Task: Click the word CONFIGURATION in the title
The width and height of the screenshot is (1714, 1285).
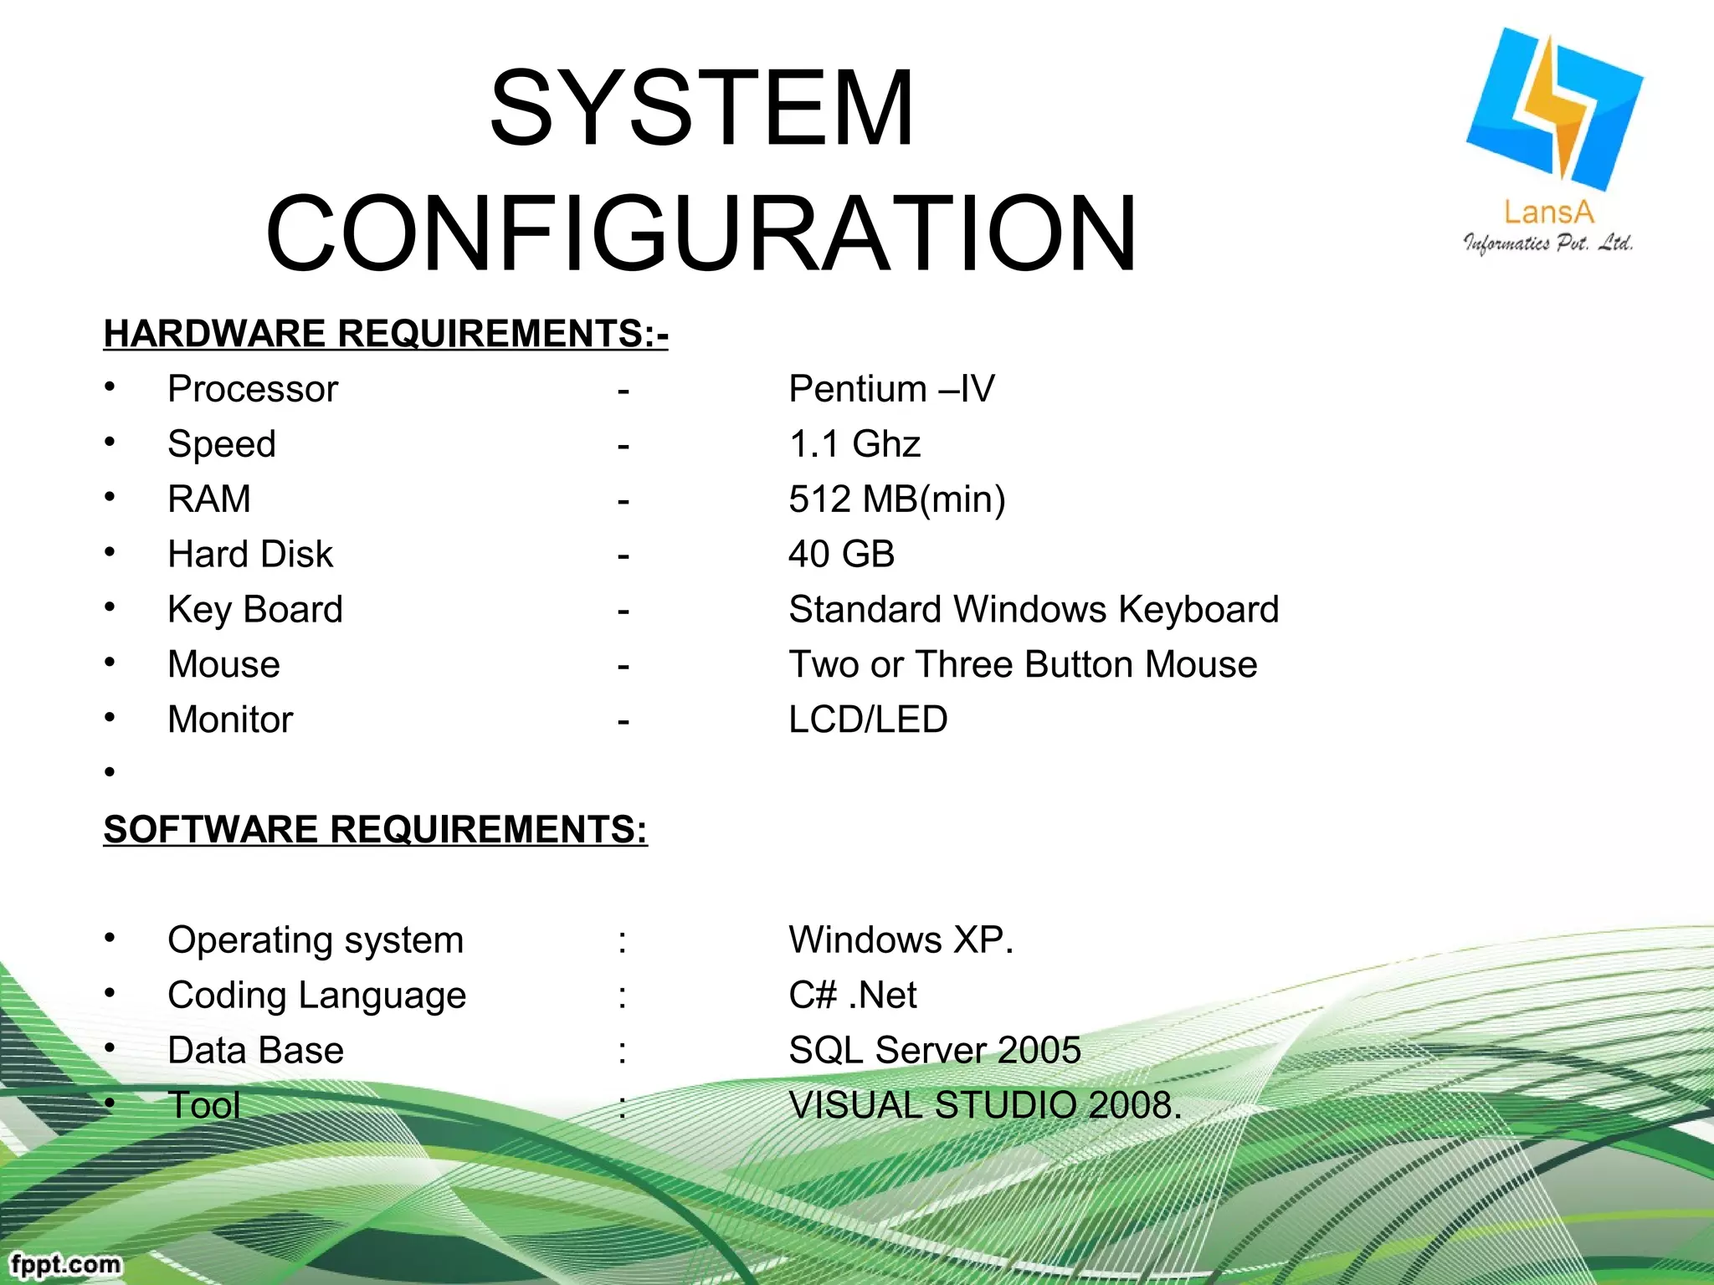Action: [x=701, y=234]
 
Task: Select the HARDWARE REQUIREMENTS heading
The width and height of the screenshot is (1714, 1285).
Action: [x=386, y=334]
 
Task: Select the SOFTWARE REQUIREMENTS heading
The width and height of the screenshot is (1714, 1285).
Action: [x=375, y=830]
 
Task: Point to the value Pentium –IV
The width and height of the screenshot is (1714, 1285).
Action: [x=891, y=389]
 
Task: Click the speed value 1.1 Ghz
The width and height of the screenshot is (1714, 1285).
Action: [x=854, y=444]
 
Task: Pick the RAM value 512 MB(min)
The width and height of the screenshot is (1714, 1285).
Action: [x=897, y=499]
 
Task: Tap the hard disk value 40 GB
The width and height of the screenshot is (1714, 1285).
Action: [x=841, y=555]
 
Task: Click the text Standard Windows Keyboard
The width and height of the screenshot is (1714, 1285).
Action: [x=1034, y=610]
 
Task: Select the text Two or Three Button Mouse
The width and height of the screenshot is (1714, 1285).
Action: [x=1023, y=665]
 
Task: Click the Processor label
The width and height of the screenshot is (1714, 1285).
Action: [x=253, y=389]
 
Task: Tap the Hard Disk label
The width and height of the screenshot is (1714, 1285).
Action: [x=250, y=555]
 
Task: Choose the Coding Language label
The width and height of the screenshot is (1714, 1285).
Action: [x=316, y=996]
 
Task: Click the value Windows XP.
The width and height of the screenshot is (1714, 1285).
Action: [x=901, y=940]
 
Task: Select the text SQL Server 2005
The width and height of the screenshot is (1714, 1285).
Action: [x=935, y=1051]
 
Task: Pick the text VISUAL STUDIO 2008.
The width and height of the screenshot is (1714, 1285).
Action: [x=985, y=1106]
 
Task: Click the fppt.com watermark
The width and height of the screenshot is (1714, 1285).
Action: [x=65, y=1263]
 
